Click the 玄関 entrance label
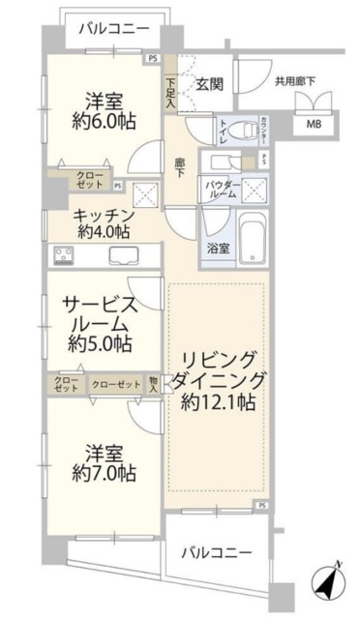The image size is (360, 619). tap(209, 85)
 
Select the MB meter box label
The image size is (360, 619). tap(315, 123)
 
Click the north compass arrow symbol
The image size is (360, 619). tap(331, 584)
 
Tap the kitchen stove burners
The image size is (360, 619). tap(67, 255)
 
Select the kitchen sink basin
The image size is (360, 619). tap(123, 255)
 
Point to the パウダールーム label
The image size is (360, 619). tap(221, 189)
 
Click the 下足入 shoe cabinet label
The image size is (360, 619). tap(170, 91)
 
